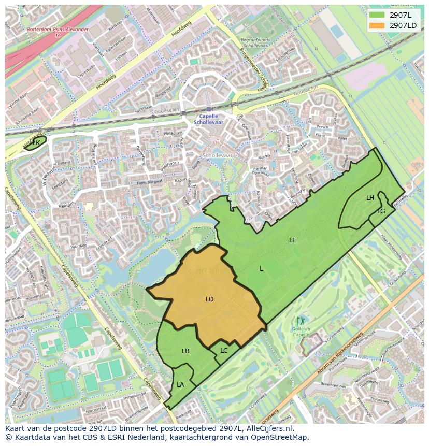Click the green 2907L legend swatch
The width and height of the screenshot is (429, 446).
coord(377,15)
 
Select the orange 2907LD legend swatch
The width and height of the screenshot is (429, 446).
coord(377,25)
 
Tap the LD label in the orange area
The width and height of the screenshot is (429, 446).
coord(209,299)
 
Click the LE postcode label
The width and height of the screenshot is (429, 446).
coord(293,240)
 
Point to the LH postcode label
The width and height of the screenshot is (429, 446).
coord(370,198)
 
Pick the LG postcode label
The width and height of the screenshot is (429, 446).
coord(381,211)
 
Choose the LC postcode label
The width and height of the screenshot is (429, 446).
coord(224,351)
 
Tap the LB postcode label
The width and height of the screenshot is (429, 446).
coord(185,351)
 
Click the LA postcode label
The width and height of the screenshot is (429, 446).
coord(180,385)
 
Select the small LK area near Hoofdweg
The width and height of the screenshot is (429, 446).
coord(35,142)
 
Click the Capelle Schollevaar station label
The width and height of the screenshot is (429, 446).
coord(209,119)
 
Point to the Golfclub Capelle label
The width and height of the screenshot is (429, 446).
coord(301,332)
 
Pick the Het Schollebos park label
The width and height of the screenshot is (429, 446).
coord(219,270)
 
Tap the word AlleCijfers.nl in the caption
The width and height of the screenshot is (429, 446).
coord(269,429)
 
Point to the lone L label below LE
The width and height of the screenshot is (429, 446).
coord(262,269)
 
